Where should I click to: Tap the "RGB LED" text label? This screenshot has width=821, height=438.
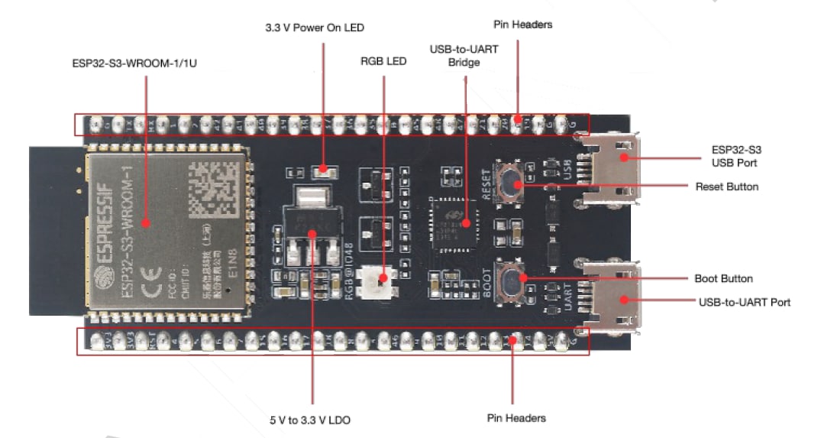click(383, 61)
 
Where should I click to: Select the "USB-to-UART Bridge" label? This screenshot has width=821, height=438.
click(464, 56)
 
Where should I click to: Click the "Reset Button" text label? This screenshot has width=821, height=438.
click(726, 187)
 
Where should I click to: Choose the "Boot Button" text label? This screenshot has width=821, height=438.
click(723, 279)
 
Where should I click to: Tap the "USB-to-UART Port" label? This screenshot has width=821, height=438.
click(744, 302)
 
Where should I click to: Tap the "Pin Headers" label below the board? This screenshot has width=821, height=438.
click(516, 418)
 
